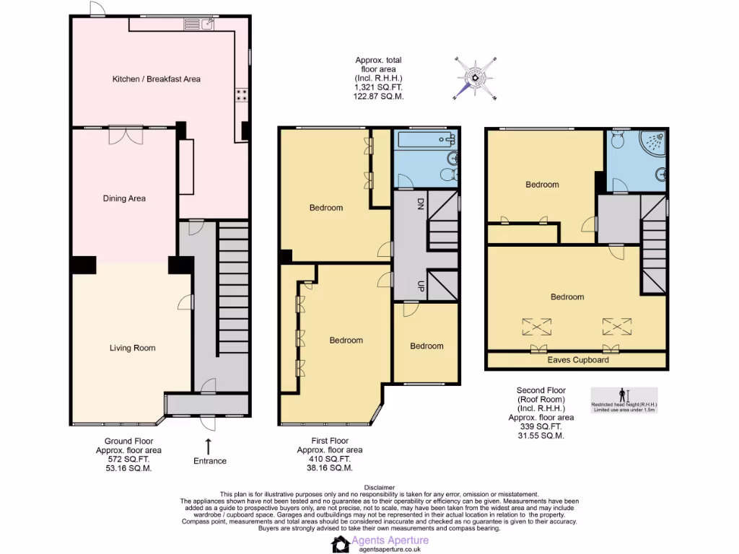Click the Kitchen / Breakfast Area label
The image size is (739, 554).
(x=156, y=79)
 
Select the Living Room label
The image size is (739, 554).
(x=132, y=348)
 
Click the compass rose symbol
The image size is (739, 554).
(x=476, y=77)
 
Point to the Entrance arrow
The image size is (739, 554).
(x=209, y=445)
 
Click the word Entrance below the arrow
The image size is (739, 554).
(x=209, y=461)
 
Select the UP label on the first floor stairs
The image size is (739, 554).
(x=420, y=286)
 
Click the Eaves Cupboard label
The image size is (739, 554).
(x=577, y=359)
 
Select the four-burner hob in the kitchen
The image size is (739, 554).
(x=241, y=96)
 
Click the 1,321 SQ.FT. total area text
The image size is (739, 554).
(x=378, y=87)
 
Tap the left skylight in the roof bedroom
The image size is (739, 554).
(x=535, y=327)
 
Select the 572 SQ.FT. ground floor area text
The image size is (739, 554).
(x=128, y=459)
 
